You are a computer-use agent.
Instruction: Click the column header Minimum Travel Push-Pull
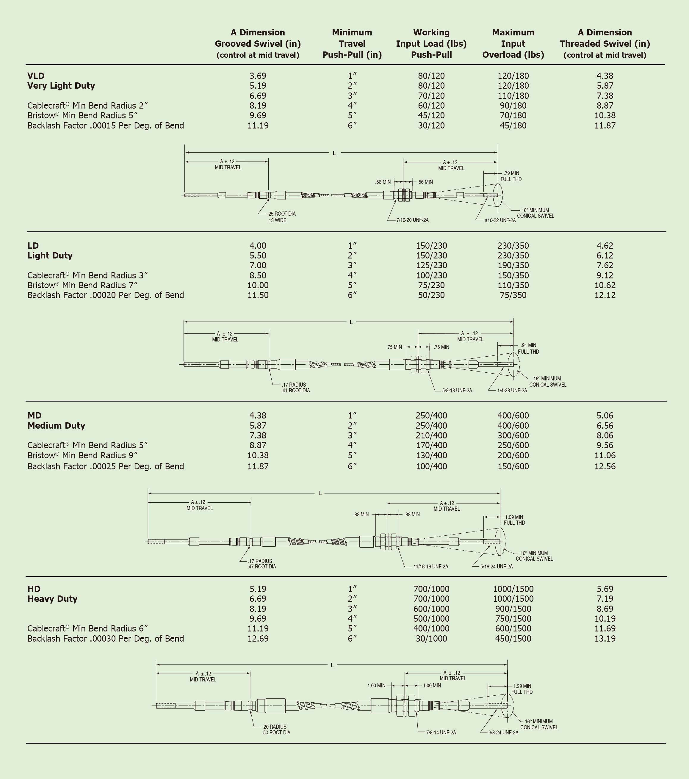tap(352, 43)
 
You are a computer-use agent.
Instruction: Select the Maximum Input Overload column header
tap(513, 43)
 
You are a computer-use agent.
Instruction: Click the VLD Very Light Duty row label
tap(61, 80)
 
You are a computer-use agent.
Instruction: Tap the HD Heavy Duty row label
tap(52, 594)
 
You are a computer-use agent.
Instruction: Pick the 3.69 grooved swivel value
tap(258, 76)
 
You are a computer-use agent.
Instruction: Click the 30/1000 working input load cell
tap(431, 638)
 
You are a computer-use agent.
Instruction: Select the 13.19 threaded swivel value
tap(605, 638)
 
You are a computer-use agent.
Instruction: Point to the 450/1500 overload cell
tap(513, 638)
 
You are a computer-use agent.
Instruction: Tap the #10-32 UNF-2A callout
tap(500, 220)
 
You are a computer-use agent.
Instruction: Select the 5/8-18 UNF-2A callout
tap(457, 390)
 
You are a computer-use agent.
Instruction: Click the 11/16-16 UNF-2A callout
tap(431, 566)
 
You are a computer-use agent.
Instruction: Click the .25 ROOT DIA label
tap(281, 214)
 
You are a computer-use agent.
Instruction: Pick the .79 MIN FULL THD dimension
tap(511, 176)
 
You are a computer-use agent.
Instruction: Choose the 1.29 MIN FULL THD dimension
tap(522, 689)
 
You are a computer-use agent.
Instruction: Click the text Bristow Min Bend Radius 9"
tap(82, 455)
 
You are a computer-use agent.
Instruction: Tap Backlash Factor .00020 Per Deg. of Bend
tap(106, 295)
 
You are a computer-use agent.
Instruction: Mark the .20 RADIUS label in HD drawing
tap(274, 727)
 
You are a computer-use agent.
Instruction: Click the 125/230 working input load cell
tap(431, 265)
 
